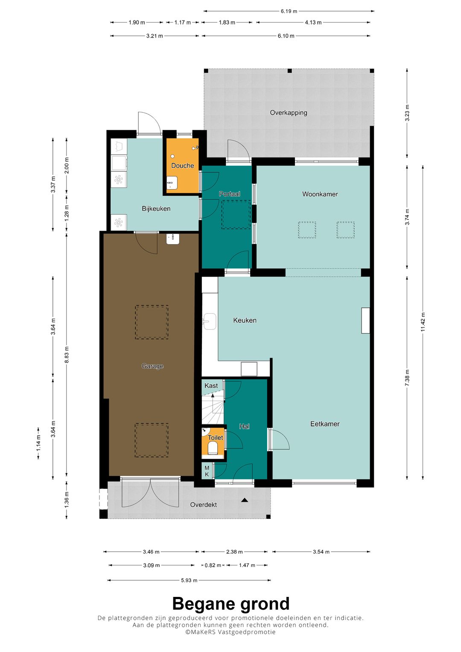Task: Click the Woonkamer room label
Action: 320,194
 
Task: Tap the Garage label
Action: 152,366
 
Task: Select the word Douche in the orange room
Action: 183,166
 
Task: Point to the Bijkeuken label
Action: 156,209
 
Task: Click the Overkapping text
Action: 289,113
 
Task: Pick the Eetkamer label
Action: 325,424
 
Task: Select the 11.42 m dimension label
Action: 423,322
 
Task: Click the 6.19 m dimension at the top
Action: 289,12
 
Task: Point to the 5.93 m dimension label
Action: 189,580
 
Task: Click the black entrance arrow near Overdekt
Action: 245,500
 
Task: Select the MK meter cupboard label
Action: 207,471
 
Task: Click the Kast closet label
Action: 211,386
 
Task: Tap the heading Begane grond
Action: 231,604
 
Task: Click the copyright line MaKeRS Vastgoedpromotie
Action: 230,632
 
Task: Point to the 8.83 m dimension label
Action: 67,355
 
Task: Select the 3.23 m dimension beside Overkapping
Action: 407,113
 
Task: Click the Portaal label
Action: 229,194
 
